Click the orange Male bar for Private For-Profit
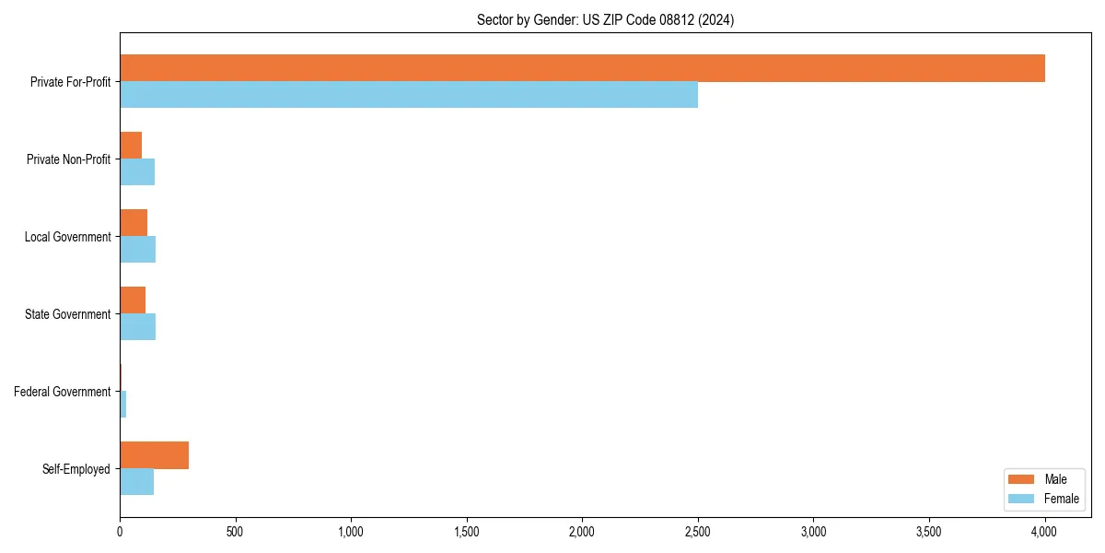click(x=582, y=68)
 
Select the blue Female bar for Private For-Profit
click(x=409, y=95)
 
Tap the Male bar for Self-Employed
click(x=154, y=455)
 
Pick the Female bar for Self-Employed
click(x=136, y=482)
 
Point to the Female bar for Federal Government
click(x=122, y=405)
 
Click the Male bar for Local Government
click(x=134, y=223)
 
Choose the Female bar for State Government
click(x=137, y=327)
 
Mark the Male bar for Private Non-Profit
click(x=131, y=146)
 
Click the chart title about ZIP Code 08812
click(x=605, y=19)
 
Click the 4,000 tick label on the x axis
click(x=1044, y=532)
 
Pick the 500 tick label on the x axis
click(x=235, y=532)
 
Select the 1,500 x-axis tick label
click(x=467, y=532)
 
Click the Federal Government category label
click(x=63, y=392)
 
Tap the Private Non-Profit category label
click(x=68, y=159)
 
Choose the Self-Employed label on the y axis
click(x=76, y=469)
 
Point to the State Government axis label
click(x=68, y=314)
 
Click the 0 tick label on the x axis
click(x=120, y=532)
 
